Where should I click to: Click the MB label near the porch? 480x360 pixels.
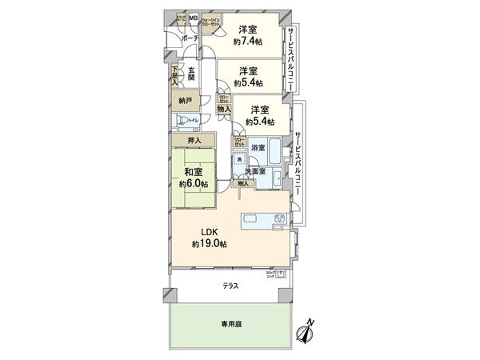pyautogui.click(x=194, y=18)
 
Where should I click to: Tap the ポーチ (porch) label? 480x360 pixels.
pyautogui.click(x=190, y=38)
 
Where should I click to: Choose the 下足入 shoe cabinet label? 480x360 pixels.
pyautogui.click(x=175, y=75)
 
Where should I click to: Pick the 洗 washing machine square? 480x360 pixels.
pyautogui.click(x=240, y=162)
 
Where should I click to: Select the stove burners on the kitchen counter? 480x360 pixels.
pyautogui.click(x=279, y=218)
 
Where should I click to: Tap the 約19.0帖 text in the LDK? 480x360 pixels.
pyautogui.click(x=208, y=244)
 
